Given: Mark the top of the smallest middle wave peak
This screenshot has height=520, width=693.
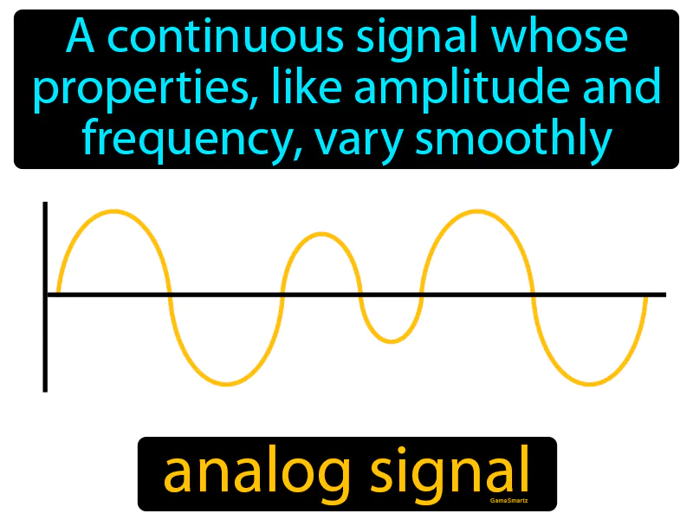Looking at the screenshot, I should [x=321, y=233].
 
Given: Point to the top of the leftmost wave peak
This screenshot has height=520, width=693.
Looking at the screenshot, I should [x=113, y=211].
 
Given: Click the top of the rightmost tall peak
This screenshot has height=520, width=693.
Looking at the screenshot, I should [x=477, y=211].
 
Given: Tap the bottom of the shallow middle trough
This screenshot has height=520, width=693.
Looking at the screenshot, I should [x=391, y=341].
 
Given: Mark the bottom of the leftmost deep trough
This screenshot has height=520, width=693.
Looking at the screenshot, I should [x=226, y=384].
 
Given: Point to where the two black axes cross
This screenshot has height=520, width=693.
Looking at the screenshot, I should [x=44, y=296].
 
